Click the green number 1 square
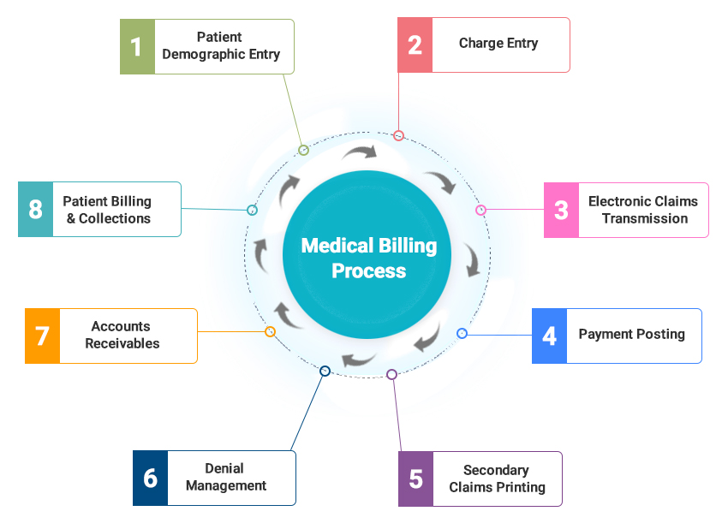click(136, 45)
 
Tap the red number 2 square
click(415, 45)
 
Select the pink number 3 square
click(561, 210)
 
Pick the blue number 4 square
click(550, 336)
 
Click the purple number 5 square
click(416, 478)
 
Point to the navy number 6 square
click(151, 478)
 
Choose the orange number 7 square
click(42, 336)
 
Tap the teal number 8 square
click(35, 209)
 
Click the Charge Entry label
click(498, 44)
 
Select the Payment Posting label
click(631, 335)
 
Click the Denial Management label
click(225, 478)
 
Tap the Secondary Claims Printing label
click(497, 478)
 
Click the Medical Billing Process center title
click(369, 259)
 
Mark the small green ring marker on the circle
click(303, 150)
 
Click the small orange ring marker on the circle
click(270, 331)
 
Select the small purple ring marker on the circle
click(391, 374)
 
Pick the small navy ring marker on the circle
click(325, 371)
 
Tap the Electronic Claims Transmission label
click(643, 210)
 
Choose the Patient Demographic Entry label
click(220, 45)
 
